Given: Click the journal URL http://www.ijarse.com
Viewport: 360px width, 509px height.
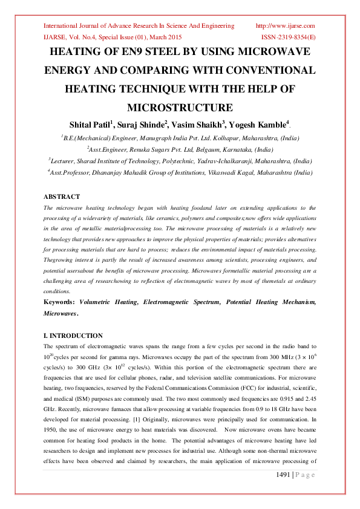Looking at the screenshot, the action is pyautogui.click(x=286, y=26).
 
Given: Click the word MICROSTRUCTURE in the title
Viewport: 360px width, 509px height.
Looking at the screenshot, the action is pyautogui.click(x=180, y=108).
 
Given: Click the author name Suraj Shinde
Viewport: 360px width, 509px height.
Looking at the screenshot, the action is pyautogui.click(x=142, y=124).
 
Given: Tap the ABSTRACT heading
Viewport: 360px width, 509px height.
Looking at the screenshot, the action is pyautogui.click(x=62, y=197).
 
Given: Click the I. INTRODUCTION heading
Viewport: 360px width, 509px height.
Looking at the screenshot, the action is pyautogui.click(x=73, y=336).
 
